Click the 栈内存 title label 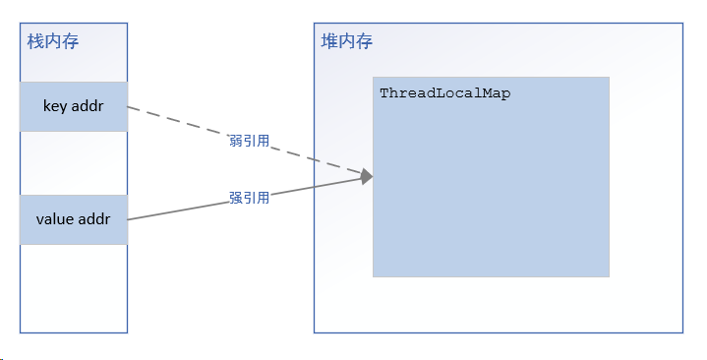pyautogui.click(x=52, y=41)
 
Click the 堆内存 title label pyautogui.click(x=346, y=41)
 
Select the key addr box pyautogui.click(x=74, y=106)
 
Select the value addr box pyautogui.click(x=74, y=219)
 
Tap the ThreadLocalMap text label pyautogui.click(x=444, y=92)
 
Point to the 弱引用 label pyautogui.click(x=249, y=142)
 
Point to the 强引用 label pyautogui.click(x=249, y=198)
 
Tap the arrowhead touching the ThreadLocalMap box pyautogui.click(x=367, y=176)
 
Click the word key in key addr pyautogui.click(x=55, y=106)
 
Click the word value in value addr pyautogui.click(x=54, y=219)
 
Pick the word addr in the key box pyautogui.click(x=88, y=106)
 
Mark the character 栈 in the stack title pyautogui.click(x=35, y=41)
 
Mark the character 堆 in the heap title pyautogui.click(x=329, y=41)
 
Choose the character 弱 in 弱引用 pyautogui.click(x=235, y=142)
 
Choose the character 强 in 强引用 pyautogui.click(x=235, y=198)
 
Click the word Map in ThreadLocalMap pyautogui.click(x=499, y=92)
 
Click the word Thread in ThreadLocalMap pyautogui.click(x=404, y=92)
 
